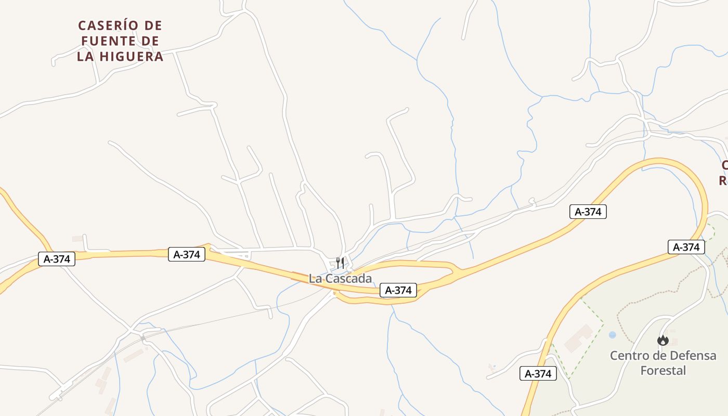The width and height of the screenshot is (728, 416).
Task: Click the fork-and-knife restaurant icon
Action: (x=340, y=263)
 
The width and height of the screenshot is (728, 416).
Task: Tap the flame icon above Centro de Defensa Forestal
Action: (x=662, y=341)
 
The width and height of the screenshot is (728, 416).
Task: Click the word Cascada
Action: (x=348, y=279)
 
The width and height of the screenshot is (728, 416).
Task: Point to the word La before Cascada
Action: (x=315, y=279)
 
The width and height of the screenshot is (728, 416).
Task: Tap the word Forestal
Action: (x=663, y=371)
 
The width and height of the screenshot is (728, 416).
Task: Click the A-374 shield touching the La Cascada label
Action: (x=399, y=290)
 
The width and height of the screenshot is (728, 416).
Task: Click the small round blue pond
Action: (x=612, y=335)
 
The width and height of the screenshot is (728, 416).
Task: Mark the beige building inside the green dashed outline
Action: (x=578, y=338)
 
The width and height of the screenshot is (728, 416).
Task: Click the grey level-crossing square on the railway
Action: (x=143, y=338)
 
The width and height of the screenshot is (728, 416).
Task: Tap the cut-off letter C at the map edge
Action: (x=724, y=165)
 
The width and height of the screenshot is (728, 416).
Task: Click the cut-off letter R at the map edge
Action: (x=723, y=181)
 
